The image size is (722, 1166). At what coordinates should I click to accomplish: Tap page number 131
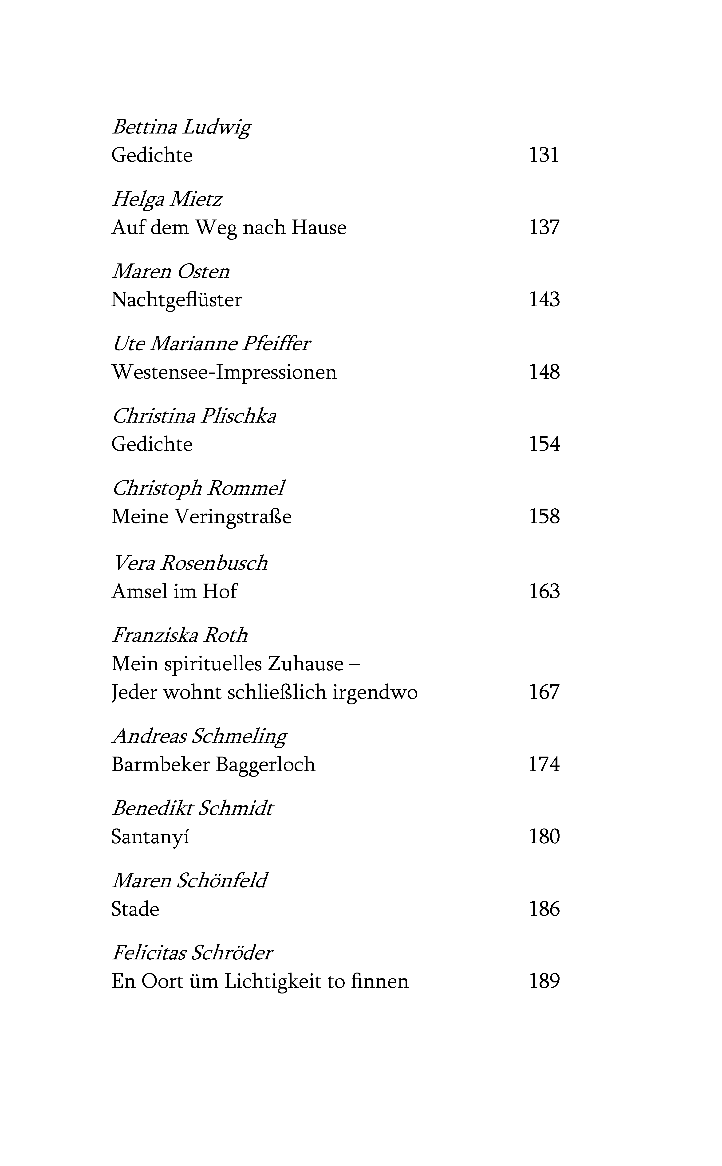(544, 155)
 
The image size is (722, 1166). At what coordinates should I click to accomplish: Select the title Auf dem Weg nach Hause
(229, 228)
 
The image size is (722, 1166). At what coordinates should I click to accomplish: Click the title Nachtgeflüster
(177, 300)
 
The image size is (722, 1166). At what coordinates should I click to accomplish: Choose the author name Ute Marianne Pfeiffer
(211, 344)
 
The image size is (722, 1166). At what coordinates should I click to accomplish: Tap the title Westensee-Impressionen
(224, 372)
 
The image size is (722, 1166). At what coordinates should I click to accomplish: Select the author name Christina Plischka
(194, 416)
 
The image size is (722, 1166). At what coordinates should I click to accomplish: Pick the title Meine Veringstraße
(201, 517)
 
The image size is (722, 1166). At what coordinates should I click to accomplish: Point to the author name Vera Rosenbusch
(189, 563)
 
